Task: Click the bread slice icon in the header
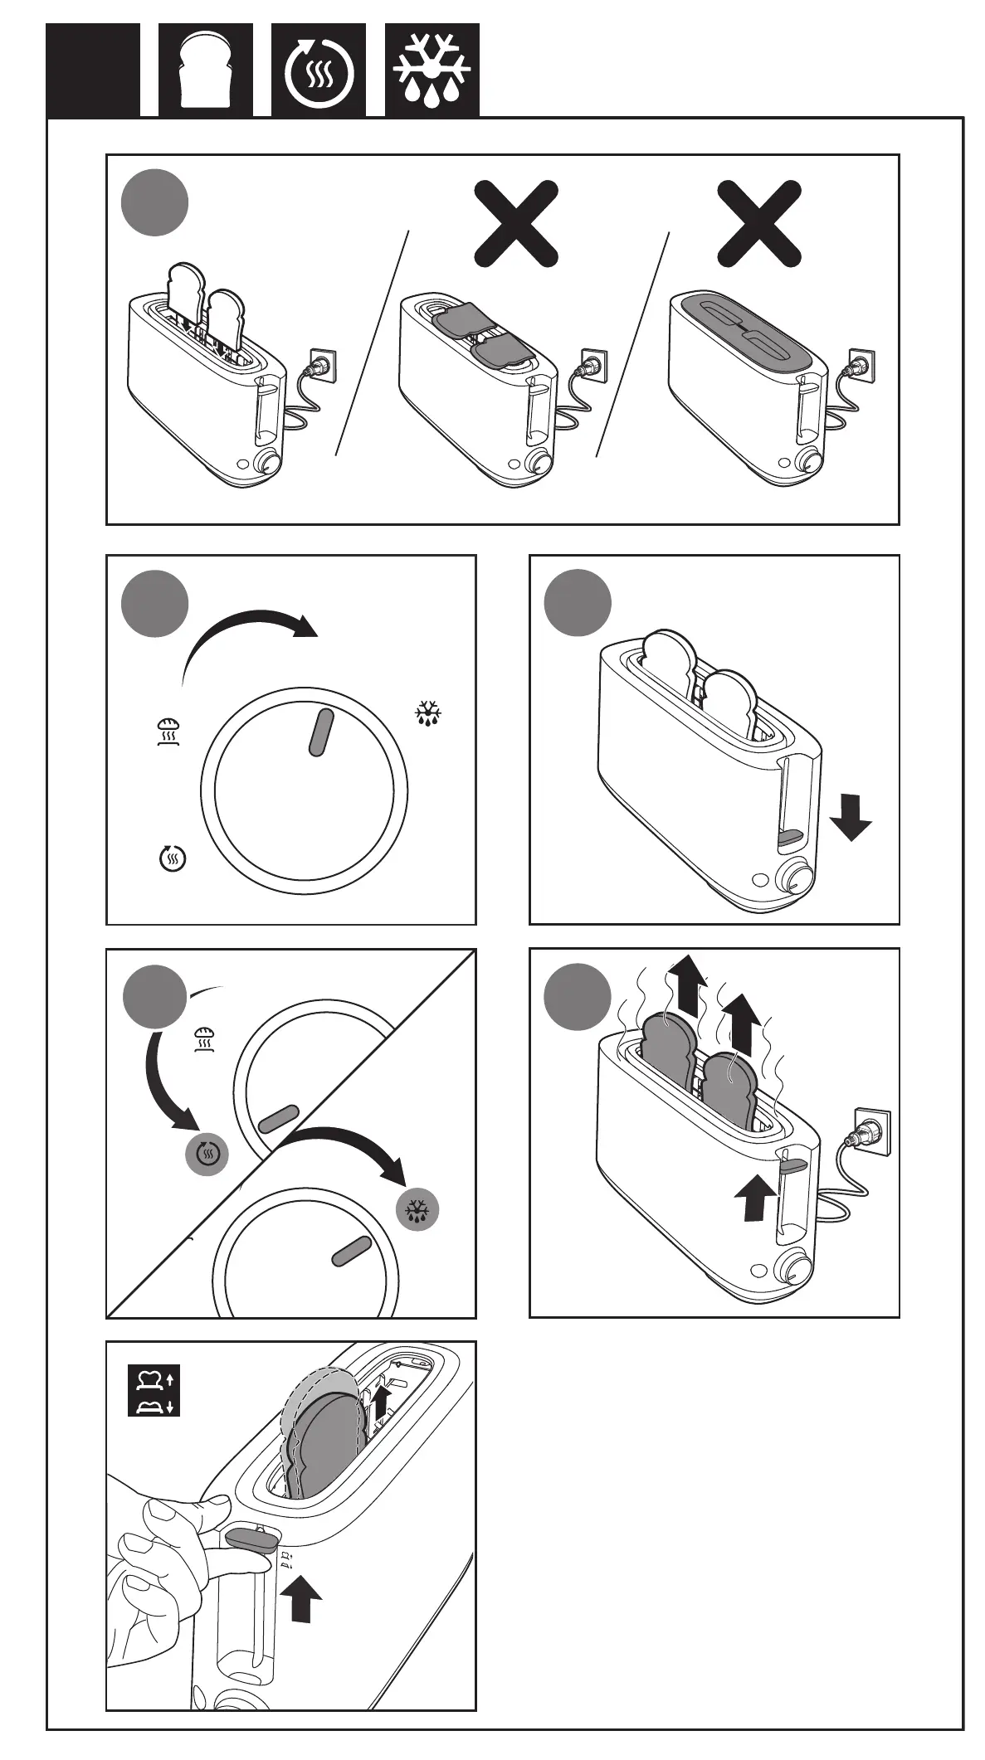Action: point(206,70)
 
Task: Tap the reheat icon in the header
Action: point(319,70)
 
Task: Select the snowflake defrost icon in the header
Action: point(432,70)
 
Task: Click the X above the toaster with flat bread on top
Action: point(515,225)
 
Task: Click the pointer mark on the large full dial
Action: point(321,732)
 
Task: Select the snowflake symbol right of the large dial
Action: point(429,713)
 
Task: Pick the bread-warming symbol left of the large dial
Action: point(168,731)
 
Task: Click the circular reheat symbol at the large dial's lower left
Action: point(172,858)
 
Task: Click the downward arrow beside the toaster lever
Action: point(851,817)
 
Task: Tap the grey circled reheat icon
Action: point(207,1153)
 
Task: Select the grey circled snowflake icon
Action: point(417,1212)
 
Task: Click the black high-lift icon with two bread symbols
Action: point(154,1391)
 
